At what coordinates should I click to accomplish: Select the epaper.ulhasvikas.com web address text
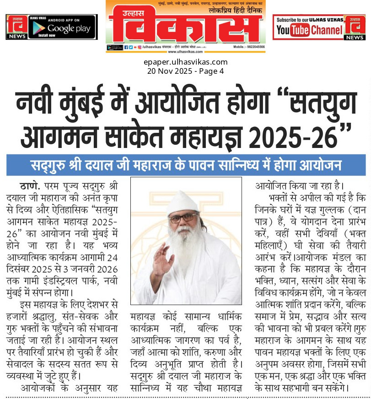coord(185,62)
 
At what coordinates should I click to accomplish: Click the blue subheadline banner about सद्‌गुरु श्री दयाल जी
coord(186,165)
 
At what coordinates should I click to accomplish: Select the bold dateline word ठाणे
coord(30,186)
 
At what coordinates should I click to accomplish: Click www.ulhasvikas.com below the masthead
coord(185,52)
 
